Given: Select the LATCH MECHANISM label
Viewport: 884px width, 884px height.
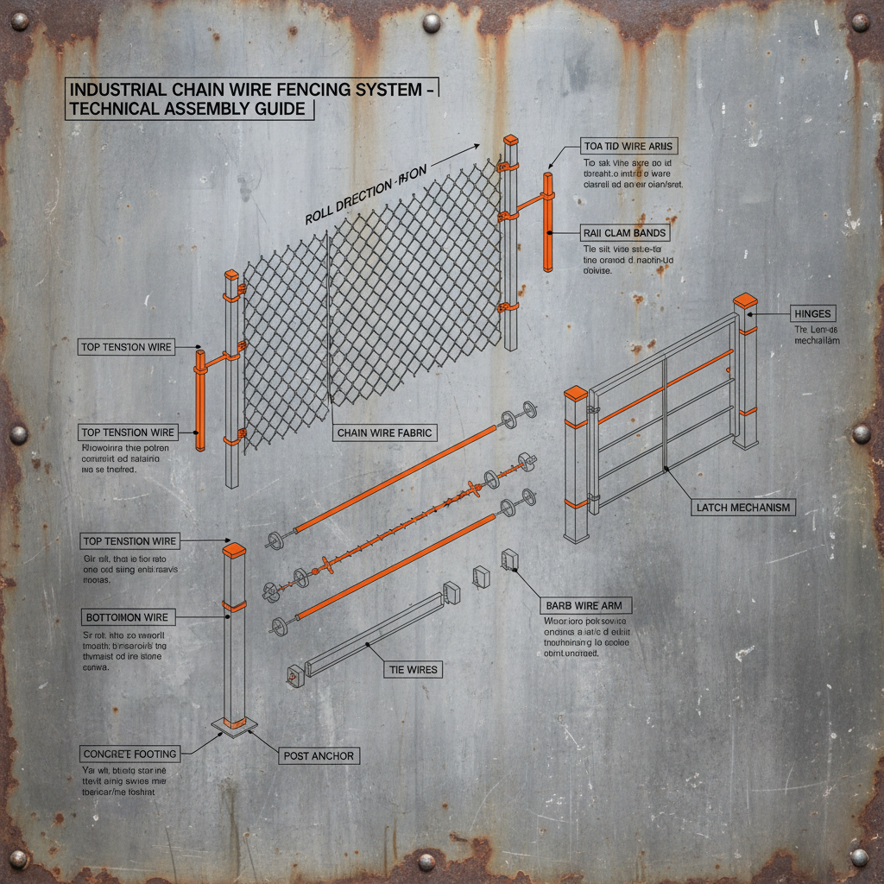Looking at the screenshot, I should pyautogui.click(x=743, y=508).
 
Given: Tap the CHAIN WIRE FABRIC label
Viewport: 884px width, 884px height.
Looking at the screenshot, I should pyautogui.click(x=386, y=433).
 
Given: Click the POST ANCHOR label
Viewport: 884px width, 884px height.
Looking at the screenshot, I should pyautogui.click(x=318, y=755).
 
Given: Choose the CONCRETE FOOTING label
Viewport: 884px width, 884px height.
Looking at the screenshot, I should pyautogui.click(x=129, y=754).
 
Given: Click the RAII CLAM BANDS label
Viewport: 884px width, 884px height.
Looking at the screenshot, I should pyautogui.click(x=624, y=233).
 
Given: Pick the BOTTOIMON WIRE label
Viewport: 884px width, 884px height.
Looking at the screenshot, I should pyautogui.click(x=128, y=618).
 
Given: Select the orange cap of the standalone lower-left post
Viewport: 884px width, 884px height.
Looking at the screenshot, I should pyautogui.click(x=234, y=550).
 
